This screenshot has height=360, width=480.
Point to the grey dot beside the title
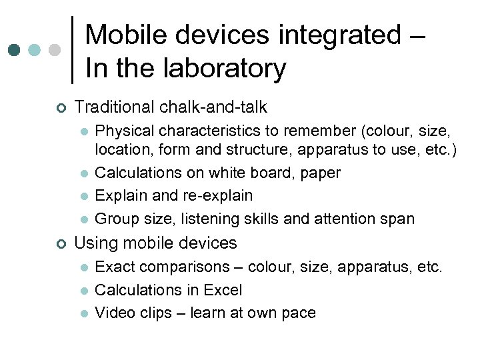tap(55, 50)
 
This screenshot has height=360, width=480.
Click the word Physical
tap(121, 131)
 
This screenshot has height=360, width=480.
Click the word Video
tap(114, 313)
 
